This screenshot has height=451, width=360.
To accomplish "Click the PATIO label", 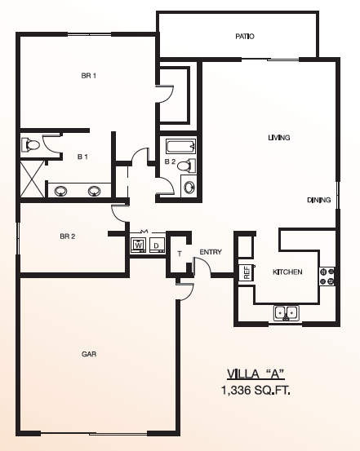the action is (x=245, y=37).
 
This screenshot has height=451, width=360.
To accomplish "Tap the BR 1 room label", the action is (x=89, y=76).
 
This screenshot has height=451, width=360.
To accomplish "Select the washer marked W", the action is (x=138, y=245).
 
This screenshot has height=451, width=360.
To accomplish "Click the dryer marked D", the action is (x=157, y=245).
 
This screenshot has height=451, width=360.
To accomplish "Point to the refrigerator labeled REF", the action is (x=247, y=272).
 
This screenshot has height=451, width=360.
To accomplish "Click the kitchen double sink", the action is (x=287, y=312).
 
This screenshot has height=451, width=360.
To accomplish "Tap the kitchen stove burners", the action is (x=327, y=276).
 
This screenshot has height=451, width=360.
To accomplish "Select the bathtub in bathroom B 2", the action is (x=181, y=147).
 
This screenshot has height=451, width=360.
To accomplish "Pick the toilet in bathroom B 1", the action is (x=30, y=144).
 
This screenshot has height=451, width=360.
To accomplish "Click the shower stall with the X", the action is (x=32, y=179).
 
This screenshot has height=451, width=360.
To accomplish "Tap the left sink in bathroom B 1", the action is (x=61, y=191).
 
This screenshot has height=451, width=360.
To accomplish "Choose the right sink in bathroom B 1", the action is (x=95, y=191).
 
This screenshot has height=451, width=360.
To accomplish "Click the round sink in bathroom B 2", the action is (x=189, y=188).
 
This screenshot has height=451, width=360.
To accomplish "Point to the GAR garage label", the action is (x=89, y=354).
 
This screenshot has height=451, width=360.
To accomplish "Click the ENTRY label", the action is (x=211, y=252).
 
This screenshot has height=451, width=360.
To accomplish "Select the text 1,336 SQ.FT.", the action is (x=256, y=391).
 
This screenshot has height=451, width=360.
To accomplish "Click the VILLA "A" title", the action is (x=256, y=374).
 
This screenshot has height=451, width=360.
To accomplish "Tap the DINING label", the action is (x=319, y=200).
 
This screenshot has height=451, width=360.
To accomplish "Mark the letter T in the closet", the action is (x=180, y=254).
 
